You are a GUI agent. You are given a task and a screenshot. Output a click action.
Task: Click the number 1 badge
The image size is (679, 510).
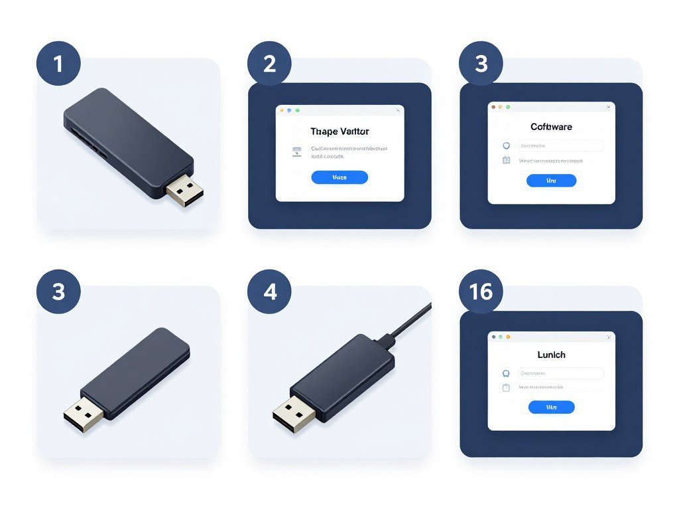coord(58,64)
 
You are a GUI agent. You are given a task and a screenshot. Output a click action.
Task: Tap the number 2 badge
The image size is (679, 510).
coord(269,64)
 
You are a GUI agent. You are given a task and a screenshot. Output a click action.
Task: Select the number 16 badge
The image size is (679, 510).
coord(481,292)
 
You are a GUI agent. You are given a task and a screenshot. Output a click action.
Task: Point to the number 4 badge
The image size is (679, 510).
coord(269,292)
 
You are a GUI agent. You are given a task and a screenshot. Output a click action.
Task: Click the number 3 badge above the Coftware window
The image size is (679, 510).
coord(481,64)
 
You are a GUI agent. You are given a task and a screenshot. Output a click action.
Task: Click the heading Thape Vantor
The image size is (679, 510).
coord(339,131)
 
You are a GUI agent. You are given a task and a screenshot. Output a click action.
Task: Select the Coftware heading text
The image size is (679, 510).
coord(551,127)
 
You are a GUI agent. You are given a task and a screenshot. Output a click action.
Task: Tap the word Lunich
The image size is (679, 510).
coord(551,355)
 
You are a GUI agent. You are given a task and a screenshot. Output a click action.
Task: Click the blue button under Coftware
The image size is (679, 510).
coord(551,181)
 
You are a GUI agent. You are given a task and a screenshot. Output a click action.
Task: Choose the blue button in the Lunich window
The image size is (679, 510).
coord(551,407)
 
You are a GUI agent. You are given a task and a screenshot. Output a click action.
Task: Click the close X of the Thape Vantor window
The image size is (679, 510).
coord(397,110)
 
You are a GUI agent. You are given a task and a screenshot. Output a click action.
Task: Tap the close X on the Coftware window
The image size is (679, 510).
coord(608,107)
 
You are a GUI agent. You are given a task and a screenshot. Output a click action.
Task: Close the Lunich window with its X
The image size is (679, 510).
coord(608,337)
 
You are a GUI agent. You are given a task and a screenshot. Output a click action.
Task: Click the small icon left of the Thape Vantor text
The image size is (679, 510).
coord(296,152)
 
